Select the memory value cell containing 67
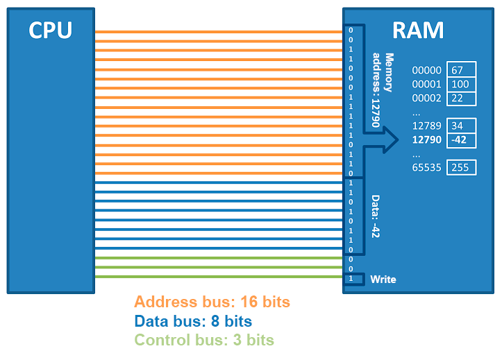tap(462, 70)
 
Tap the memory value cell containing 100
tap(462, 84)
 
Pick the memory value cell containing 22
tap(462, 98)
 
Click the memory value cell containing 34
tap(462, 126)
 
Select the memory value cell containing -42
tap(462, 139)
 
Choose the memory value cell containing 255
tap(462, 167)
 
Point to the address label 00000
tap(426, 70)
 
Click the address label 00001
tap(426, 84)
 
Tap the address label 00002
tap(426, 98)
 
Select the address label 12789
tap(426, 126)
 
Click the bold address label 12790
tap(426, 139)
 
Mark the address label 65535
tap(426, 167)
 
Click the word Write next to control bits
tap(383, 279)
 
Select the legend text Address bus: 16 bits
tap(212, 302)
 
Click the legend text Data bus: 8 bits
tap(193, 321)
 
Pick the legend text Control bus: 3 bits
tap(204, 340)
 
